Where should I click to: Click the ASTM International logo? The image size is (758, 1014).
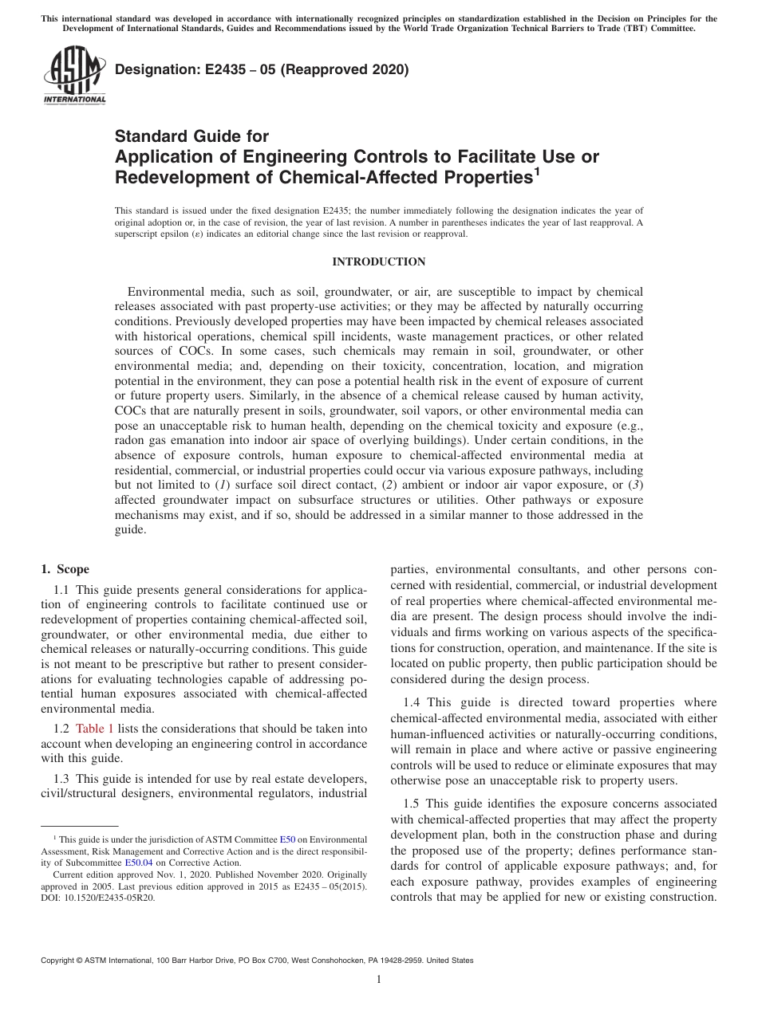click(74, 77)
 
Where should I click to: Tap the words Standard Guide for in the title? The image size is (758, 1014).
click(192, 136)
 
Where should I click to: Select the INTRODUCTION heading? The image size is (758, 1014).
click(378, 262)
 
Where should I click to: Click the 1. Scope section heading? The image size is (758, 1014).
click(65, 570)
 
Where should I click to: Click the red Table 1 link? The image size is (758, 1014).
click(94, 729)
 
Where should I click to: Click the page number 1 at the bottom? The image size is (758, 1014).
click(379, 980)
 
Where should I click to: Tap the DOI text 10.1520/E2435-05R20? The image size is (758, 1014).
click(98, 897)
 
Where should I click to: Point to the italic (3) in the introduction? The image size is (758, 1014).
click(635, 485)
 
